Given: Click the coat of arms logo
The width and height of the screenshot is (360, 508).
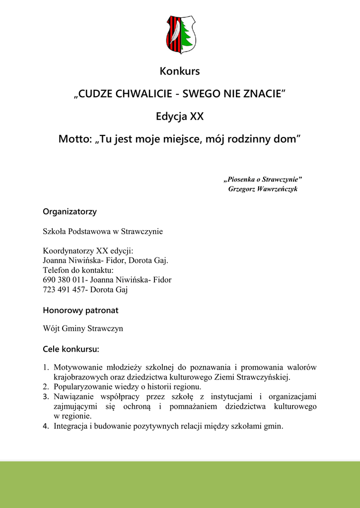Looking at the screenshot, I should click(x=180, y=35).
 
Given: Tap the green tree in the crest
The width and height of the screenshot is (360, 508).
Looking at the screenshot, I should click(x=187, y=34).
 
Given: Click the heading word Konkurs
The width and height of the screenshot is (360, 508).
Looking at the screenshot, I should click(x=180, y=71).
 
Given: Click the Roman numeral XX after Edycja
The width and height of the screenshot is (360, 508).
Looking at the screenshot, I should click(x=197, y=117).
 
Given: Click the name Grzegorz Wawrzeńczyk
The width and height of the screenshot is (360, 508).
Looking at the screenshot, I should click(x=263, y=189).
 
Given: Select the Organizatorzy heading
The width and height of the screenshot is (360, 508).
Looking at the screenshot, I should click(x=70, y=212).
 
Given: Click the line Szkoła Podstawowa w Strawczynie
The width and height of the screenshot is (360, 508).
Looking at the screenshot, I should click(x=103, y=231).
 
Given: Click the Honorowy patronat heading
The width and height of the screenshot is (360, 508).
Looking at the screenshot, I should click(x=80, y=311).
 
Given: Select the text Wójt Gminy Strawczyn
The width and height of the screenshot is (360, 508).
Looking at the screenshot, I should click(x=83, y=328).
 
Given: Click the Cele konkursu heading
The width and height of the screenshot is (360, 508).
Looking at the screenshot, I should click(x=71, y=349).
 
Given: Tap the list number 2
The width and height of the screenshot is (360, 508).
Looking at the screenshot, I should click(x=46, y=386).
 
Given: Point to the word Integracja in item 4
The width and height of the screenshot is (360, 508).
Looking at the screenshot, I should click(x=71, y=426).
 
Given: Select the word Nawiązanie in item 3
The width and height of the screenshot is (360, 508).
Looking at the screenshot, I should click(x=74, y=396).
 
